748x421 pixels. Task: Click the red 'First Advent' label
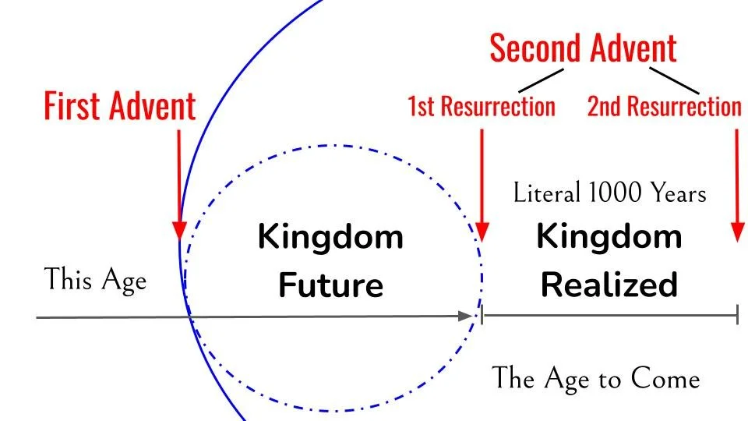pyautogui.click(x=119, y=106)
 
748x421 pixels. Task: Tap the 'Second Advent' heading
pyautogui.click(x=583, y=48)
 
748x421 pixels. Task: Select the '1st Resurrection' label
pyautogui.click(x=481, y=106)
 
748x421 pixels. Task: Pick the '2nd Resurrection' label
pyautogui.click(x=664, y=106)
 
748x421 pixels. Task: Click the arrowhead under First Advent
pyautogui.click(x=179, y=229)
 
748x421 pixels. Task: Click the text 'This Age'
pyautogui.click(x=95, y=279)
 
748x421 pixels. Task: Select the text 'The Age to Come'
pyautogui.click(x=596, y=378)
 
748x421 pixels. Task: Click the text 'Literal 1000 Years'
pyautogui.click(x=609, y=192)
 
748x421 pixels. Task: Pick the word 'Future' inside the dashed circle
pyautogui.click(x=331, y=285)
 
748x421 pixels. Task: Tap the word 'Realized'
pyautogui.click(x=609, y=285)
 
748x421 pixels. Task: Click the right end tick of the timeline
pyautogui.click(x=736, y=316)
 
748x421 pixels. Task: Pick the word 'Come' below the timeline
pyautogui.click(x=666, y=378)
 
